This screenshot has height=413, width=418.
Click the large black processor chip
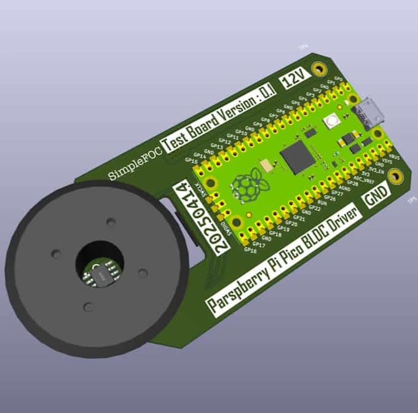(297, 157)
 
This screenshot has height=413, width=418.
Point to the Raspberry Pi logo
(248, 186)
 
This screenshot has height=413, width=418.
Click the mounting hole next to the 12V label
(318, 68)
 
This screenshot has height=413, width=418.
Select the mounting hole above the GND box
(398, 176)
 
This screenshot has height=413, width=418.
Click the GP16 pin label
(250, 250)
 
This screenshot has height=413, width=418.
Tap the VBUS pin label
(396, 157)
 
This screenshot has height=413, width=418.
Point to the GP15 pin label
(191, 161)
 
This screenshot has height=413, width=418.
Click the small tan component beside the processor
(267, 165)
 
